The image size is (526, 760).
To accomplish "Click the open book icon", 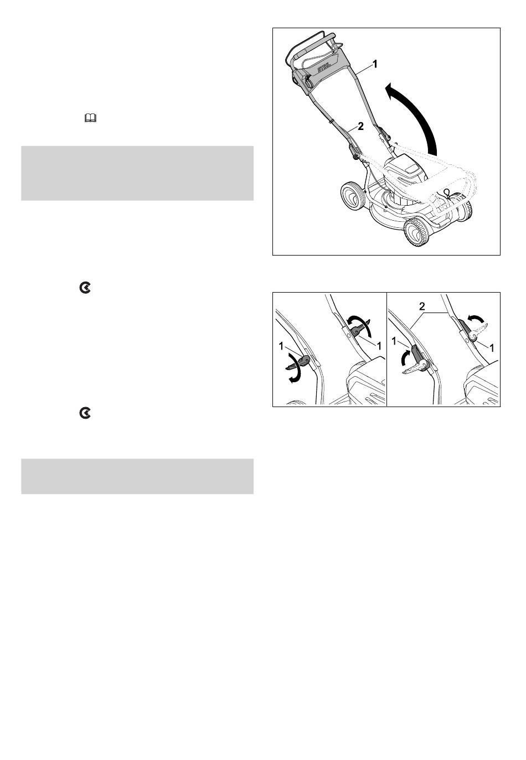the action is [90, 118].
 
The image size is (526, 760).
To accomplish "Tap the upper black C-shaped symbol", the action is [85, 288].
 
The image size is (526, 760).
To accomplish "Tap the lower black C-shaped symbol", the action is [85, 413].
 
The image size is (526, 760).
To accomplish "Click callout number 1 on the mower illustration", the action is [375, 64].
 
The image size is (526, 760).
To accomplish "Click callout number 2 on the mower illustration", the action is [360, 126].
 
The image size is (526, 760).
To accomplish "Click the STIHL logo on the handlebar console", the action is [324, 69].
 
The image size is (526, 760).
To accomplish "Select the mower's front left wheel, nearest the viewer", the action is [415, 232].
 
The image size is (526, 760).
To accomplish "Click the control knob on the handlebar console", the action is [308, 81].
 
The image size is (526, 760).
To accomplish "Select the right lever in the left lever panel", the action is [359, 327].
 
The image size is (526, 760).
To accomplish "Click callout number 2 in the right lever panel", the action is [422, 307].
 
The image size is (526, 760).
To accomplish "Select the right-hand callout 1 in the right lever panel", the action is [491, 347].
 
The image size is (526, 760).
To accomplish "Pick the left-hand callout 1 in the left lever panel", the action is [281, 346].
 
